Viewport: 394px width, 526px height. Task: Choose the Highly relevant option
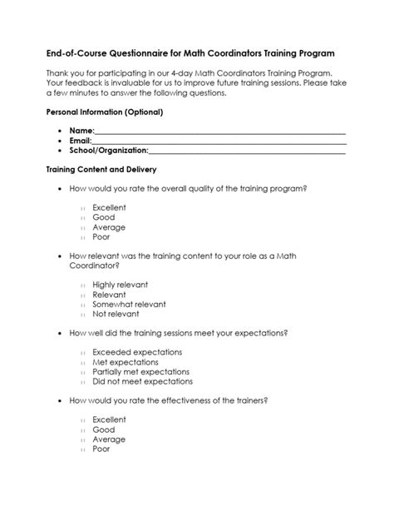tap(120, 284)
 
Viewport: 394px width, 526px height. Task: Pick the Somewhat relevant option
tap(129, 304)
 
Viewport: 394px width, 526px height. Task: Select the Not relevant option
tap(116, 315)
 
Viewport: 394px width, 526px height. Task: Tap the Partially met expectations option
tap(140, 371)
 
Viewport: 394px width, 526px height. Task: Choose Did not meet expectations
tap(142, 381)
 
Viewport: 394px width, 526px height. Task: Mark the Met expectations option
tap(126, 361)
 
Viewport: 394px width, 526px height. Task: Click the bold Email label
tap(81, 141)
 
